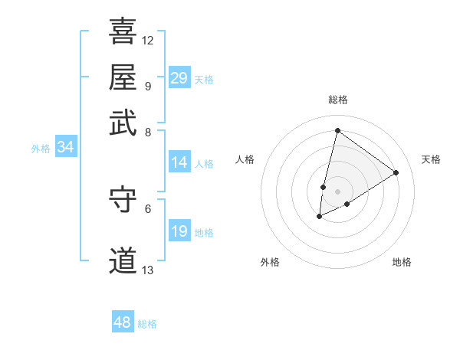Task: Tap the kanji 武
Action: (123, 122)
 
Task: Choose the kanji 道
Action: (123, 260)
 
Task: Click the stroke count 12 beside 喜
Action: (148, 40)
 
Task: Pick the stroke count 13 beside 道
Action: (148, 270)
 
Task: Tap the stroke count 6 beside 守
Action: (148, 208)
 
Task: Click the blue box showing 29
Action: (179, 78)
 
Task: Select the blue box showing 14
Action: (179, 162)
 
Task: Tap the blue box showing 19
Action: (179, 231)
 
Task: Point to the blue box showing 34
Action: (65, 148)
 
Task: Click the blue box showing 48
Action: (122, 322)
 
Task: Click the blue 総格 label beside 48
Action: (147, 324)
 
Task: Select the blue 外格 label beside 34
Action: (41, 149)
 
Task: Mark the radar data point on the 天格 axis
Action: (396, 172)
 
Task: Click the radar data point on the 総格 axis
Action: (337, 131)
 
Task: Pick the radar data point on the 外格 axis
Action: (320, 217)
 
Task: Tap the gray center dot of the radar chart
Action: (337, 191)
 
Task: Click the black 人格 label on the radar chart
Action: (245, 159)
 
